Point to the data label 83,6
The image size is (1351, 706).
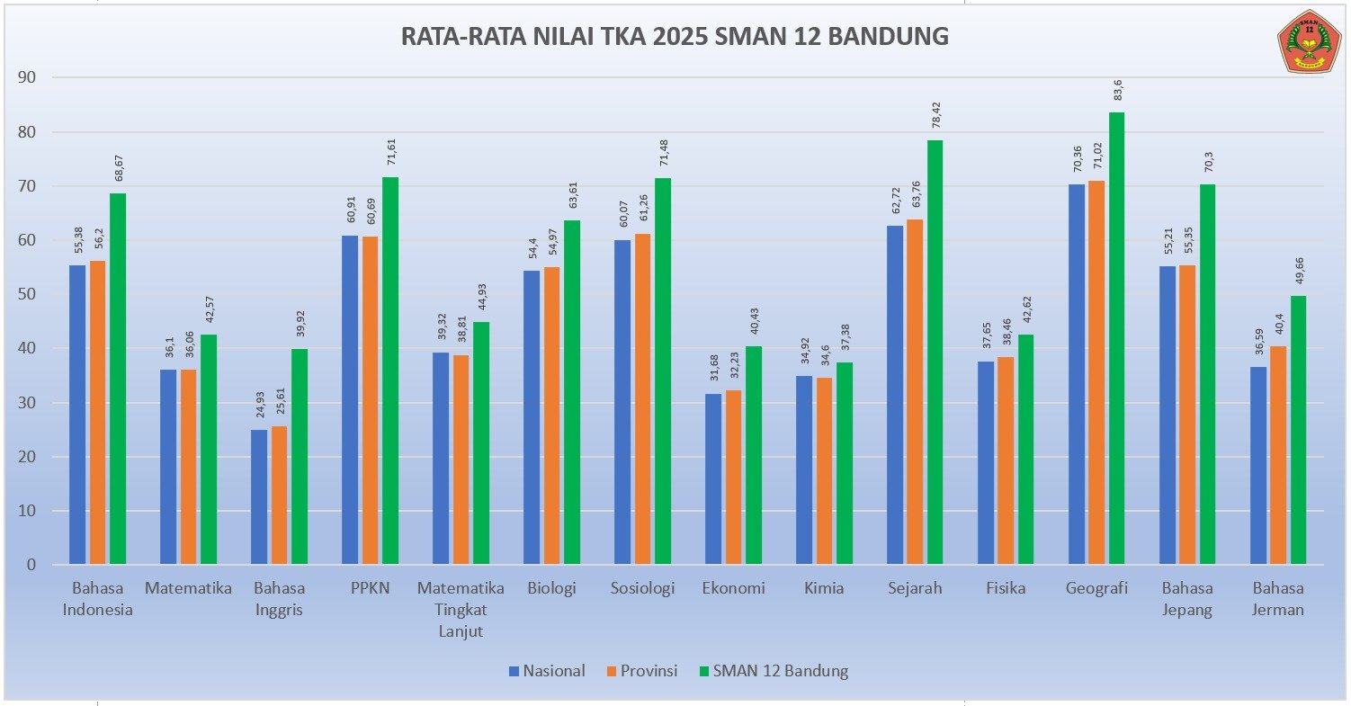tap(1117, 91)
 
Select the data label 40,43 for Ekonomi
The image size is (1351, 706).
tap(754, 321)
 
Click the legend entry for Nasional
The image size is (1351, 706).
tap(547, 671)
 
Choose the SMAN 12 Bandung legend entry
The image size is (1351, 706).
tap(773, 671)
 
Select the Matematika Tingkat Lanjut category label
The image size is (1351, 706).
tap(461, 609)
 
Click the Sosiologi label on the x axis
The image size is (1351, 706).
tap(642, 589)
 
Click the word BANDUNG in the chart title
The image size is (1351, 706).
tap(888, 37)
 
